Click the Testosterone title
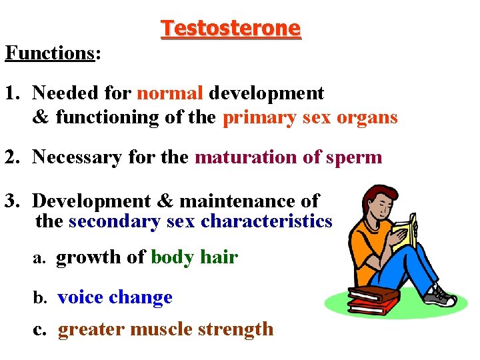231,29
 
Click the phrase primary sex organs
310,118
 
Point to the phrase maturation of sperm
289,157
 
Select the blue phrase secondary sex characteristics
200,221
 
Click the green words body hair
194,257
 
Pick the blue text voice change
115,297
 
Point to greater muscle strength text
165,329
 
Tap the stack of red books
372,300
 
